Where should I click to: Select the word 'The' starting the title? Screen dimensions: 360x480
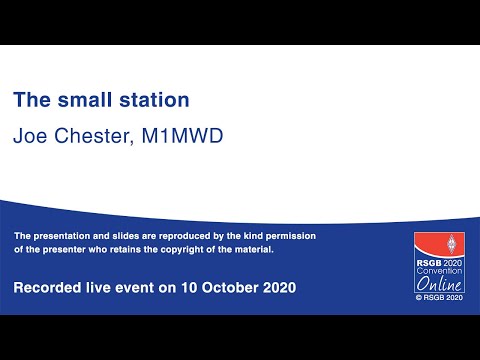(30, 100)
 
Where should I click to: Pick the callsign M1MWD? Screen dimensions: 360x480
(184, 135)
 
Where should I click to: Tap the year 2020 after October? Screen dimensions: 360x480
(276, 288)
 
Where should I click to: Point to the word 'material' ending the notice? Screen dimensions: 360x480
(249, 249)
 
